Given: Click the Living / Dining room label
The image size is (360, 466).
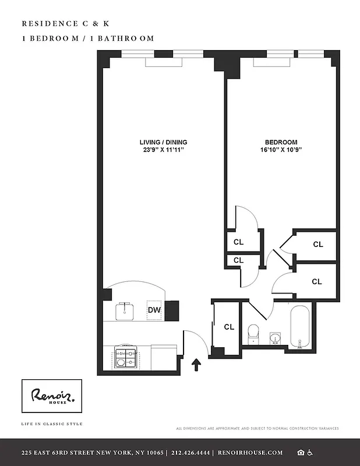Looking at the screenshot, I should tap(163, 142).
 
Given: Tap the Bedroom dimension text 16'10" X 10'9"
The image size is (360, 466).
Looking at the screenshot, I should tap(281, 150).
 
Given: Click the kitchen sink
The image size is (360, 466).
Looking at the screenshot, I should tap(126, 311).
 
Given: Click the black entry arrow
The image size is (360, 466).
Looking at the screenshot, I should tap(196, 365).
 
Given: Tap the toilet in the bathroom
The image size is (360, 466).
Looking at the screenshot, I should tap(253, 333).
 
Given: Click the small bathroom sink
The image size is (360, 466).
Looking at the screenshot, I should tap(275, 338).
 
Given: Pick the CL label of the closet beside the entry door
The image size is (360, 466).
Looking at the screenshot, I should tap(229, 327).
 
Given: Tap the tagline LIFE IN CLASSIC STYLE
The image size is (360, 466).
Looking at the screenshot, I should tap(52, 423).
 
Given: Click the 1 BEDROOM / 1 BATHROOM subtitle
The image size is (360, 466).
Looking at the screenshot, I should tap(87, 38).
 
